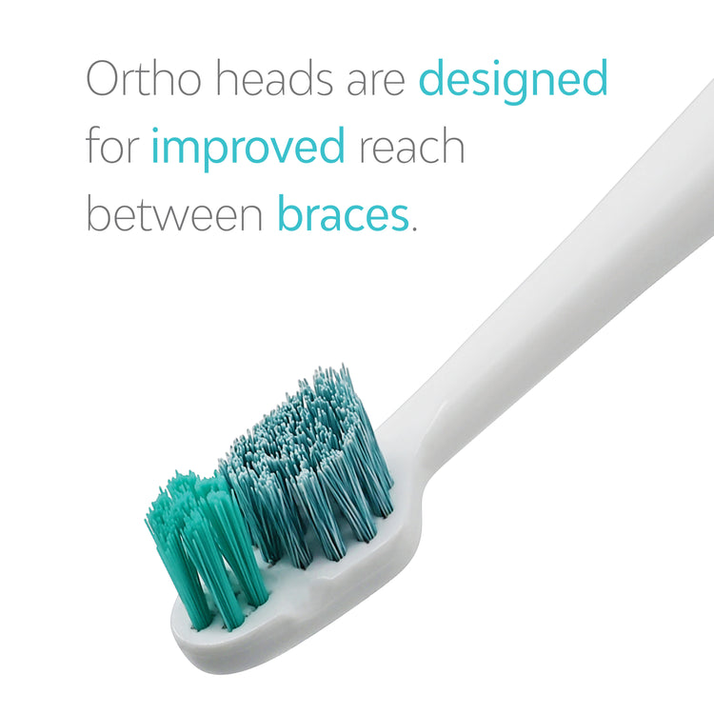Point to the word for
(112, 148)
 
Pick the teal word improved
(248, 150)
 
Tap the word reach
(411, 148)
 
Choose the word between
(174, 215)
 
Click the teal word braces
(343, 215)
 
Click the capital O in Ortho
(107, 80)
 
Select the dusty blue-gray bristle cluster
(305, 457)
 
